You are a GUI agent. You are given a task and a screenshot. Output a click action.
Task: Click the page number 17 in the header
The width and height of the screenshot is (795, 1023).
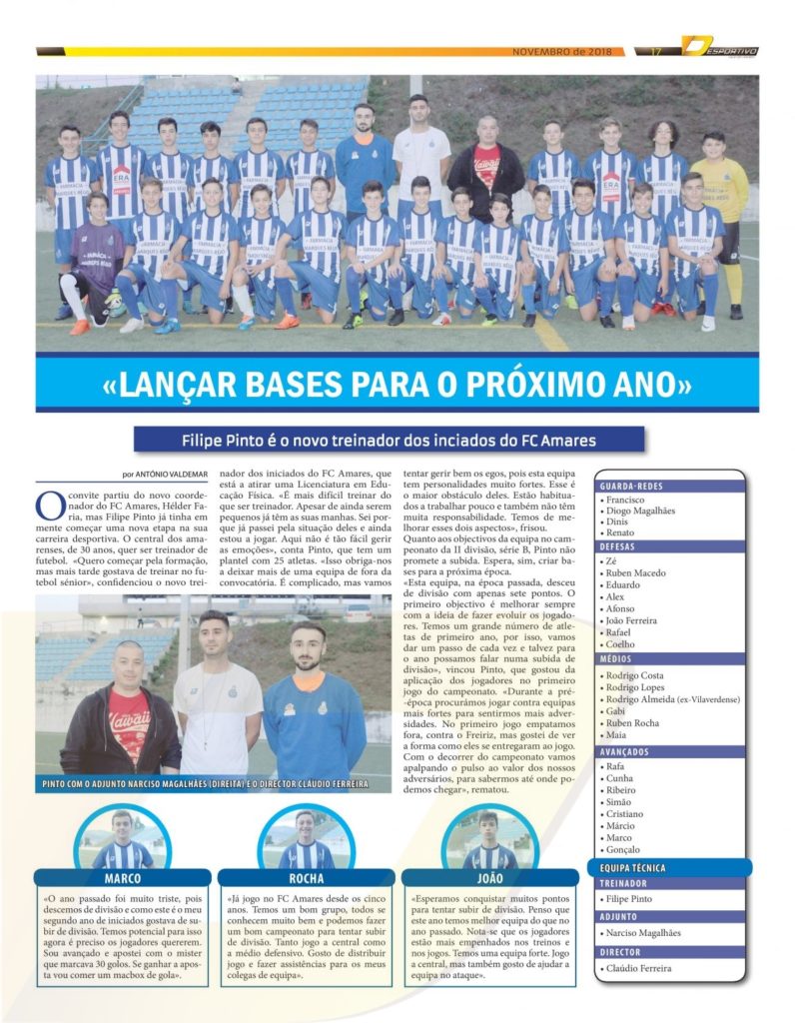tap(656, 51)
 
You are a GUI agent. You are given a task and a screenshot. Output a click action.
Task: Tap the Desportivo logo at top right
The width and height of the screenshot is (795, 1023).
tap(720, 47)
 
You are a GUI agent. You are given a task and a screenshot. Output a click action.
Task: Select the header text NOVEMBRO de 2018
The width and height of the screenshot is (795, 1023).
tap(562, 51)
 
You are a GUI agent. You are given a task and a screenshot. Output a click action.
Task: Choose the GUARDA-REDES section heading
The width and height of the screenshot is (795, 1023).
tap(627, 486)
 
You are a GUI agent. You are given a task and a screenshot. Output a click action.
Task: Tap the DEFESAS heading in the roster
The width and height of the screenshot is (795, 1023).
tap(618, 546)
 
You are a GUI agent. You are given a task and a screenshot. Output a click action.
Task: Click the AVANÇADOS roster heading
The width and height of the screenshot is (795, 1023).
tap(626, 751)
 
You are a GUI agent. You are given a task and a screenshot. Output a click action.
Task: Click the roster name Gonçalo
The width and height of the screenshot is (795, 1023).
tap(625, 849)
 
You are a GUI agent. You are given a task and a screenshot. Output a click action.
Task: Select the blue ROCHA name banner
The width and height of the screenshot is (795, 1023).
tap(307, 880)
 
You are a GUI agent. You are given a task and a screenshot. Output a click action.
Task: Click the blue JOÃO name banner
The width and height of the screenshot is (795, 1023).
tap(489, 880)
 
